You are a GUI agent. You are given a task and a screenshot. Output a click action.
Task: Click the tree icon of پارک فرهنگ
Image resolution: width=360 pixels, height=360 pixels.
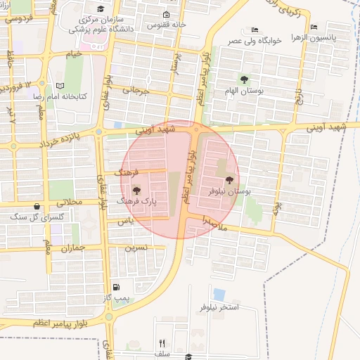pos(136,190)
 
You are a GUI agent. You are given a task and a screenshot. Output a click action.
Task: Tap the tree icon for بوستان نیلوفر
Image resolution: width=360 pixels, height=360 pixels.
pos(229,180)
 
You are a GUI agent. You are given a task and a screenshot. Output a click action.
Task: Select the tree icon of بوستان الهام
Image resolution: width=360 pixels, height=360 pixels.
pos(244,79)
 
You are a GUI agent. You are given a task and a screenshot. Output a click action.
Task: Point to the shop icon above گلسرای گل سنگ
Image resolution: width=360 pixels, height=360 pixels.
pos(37,206)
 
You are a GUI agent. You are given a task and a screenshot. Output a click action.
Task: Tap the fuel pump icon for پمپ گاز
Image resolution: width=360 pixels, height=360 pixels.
pos(116,287)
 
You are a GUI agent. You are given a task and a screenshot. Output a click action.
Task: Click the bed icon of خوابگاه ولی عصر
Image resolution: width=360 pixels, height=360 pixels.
pos(255,30)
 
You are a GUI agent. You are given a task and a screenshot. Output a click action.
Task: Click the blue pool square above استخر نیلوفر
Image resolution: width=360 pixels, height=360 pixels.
pos(219,294)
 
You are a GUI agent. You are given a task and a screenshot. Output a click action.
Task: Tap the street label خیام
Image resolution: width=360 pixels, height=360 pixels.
pos(74,53)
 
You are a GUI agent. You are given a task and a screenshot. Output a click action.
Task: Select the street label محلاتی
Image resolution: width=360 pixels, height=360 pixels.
pos(70,202)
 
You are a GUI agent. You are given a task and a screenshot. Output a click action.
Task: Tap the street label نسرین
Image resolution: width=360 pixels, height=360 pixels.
pos(136,247)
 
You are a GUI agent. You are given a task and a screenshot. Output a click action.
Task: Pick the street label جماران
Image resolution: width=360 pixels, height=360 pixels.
pos(72,247)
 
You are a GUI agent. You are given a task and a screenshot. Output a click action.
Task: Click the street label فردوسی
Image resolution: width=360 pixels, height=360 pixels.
pos(18,19)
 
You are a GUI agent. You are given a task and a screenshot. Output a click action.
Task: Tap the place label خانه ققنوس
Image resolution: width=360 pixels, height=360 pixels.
pos(165,25)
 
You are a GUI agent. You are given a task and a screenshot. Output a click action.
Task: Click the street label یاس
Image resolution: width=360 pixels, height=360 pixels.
pos(125,221)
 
